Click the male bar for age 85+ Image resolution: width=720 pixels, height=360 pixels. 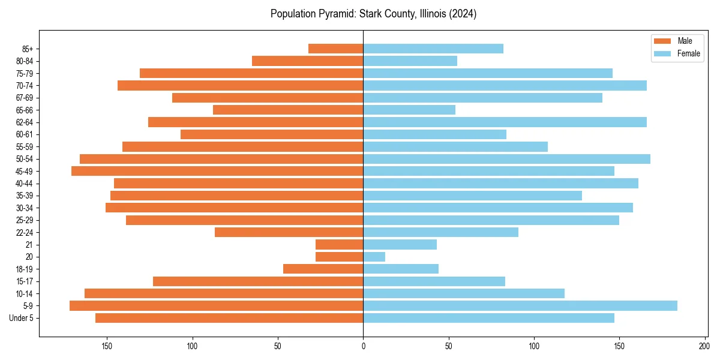(335, 49)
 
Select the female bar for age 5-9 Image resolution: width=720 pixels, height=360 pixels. (520, 306)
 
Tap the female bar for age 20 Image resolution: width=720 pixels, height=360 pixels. (374, 257)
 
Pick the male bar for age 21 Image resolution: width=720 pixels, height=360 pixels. (339, 245)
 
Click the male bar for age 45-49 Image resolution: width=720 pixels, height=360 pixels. (217, 171)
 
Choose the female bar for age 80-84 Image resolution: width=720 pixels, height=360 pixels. (410, 61)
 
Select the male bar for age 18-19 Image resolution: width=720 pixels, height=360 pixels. (323, 269)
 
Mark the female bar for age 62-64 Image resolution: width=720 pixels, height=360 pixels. (505, 122)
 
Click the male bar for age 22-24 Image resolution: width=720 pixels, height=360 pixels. (289, 232)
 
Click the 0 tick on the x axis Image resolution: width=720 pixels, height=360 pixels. (363, 346)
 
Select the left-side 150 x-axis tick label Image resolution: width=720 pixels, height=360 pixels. (107, 346)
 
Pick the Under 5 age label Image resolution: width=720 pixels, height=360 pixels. (21, 318)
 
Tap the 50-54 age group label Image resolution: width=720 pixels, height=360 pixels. (25, 159)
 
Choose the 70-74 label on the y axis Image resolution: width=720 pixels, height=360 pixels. (25, 85)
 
